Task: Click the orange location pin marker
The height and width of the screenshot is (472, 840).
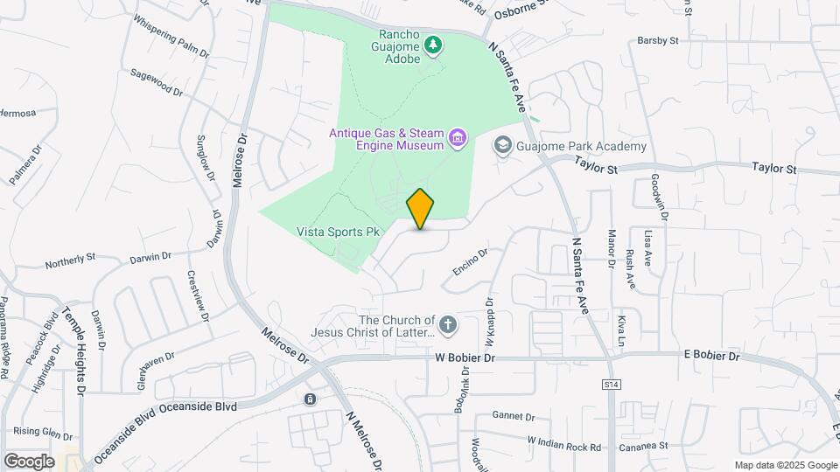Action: coord(420,209)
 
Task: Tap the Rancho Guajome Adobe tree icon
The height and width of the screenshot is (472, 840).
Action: coord(431,44)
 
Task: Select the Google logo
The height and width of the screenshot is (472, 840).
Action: coord(29,461)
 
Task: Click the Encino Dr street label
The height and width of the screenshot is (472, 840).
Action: coord(470,260)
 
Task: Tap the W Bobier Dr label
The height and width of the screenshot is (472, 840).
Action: coord(465,357)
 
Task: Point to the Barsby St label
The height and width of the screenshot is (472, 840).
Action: coord(658,40)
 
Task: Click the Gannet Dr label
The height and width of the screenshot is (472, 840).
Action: coord(507,414)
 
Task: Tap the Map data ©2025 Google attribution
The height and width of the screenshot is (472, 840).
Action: coord(785,465)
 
